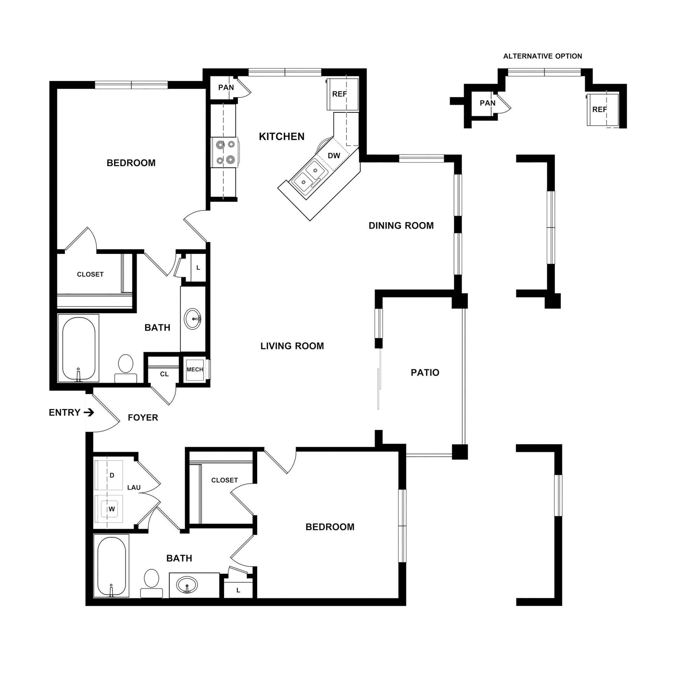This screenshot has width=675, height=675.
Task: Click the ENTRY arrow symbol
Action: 89,413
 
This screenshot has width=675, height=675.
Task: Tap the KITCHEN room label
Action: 281,136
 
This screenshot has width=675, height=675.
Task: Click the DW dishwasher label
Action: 334,156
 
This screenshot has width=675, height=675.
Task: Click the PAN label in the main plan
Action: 226,87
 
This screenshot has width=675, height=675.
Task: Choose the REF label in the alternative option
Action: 600,110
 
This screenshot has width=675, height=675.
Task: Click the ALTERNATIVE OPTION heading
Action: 542,56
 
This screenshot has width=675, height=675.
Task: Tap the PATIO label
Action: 425,372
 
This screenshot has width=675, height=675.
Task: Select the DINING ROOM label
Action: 401,226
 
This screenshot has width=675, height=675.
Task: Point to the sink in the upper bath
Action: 192,319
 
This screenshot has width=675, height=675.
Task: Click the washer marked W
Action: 111,509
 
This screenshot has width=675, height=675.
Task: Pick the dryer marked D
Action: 112,475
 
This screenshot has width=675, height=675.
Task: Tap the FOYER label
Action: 143,418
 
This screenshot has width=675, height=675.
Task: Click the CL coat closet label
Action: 164,374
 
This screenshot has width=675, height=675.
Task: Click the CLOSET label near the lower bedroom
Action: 224,481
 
